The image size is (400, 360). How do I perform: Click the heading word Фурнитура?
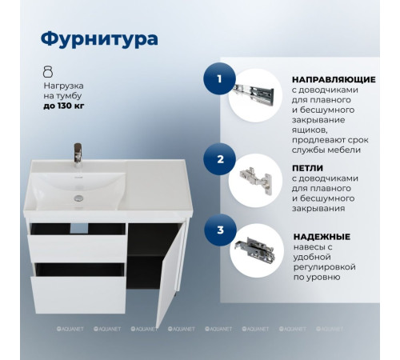pos(99,38)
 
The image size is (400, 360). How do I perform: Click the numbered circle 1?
pos(218,79)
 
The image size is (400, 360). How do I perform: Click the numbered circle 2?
pos(218,158)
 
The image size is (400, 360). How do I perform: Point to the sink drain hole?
pos(78,194)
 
